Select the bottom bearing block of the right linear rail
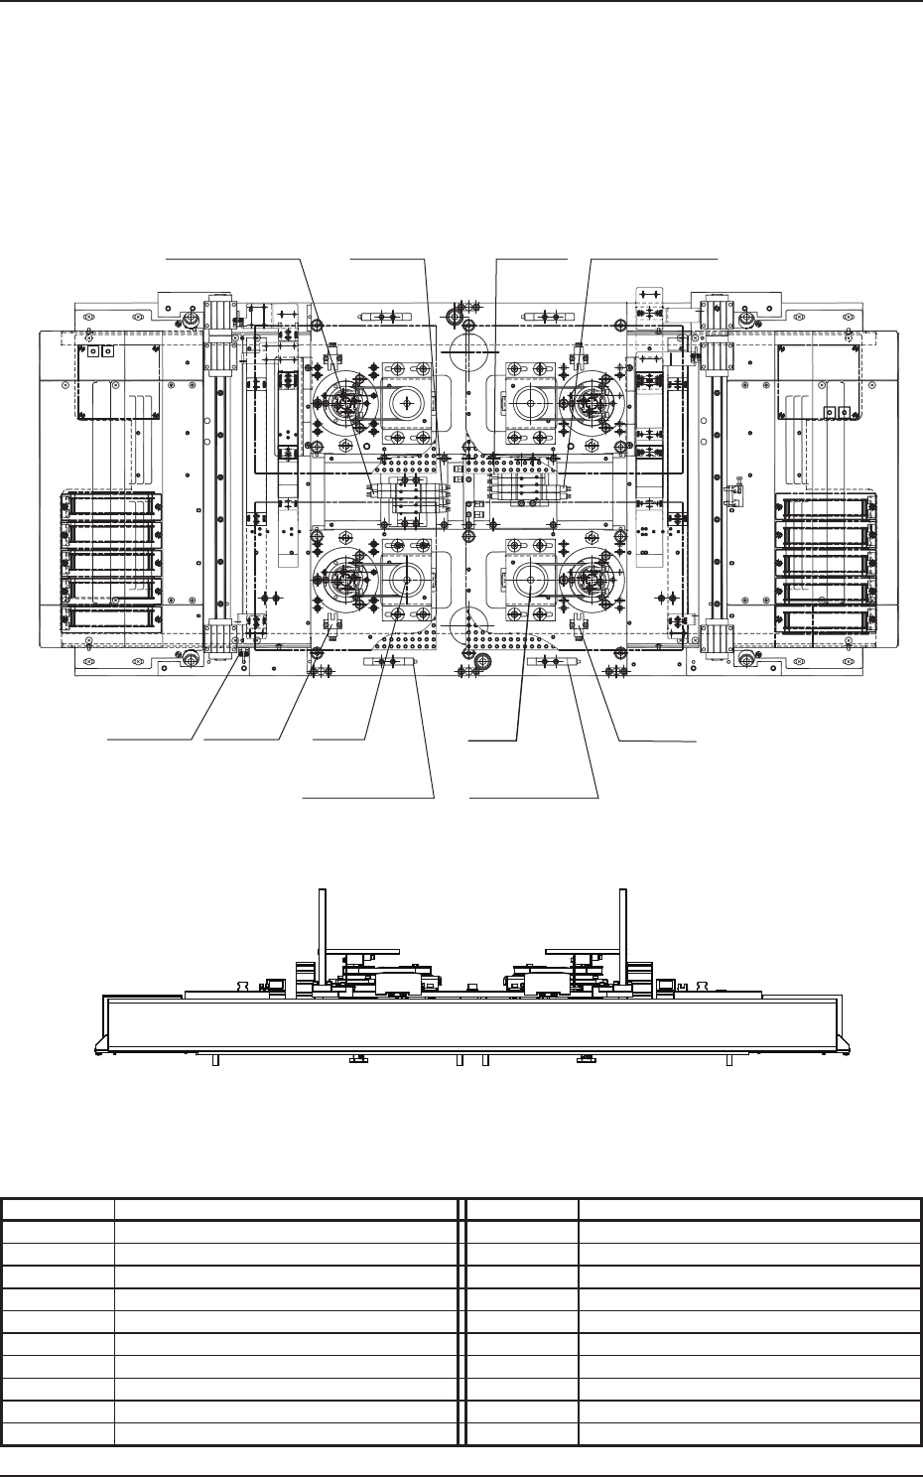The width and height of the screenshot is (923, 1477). tap(717, 635)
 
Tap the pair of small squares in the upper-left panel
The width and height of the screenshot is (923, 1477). tap(97, 351)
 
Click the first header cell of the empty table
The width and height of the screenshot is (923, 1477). tap(58, 1209)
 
